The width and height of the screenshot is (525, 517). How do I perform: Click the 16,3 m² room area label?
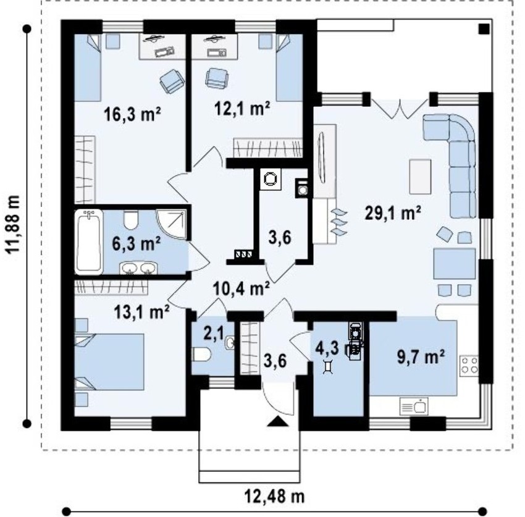[132, 114]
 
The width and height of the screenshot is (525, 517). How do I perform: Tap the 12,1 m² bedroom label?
[242, 108]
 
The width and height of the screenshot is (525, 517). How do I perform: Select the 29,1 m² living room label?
[393, 213]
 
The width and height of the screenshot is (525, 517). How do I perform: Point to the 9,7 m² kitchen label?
[421, 356]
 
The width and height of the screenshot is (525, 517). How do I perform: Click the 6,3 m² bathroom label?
[136, 243]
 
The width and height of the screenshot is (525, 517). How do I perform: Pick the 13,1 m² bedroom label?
[141, 312]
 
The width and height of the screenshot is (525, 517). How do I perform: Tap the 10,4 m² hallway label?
[241, 288]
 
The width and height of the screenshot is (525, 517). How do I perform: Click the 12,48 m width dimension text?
[275, 496]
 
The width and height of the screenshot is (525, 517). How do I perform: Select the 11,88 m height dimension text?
[14, 225]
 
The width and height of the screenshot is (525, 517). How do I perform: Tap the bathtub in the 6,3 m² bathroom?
[88, 242]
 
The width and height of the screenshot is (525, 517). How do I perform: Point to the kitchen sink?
[414, 407]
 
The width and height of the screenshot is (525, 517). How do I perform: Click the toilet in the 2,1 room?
[201, 355]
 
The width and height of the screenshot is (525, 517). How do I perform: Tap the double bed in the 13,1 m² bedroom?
[109, 361]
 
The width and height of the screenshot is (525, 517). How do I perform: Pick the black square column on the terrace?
[484, 29]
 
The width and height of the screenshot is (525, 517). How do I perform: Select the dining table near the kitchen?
[455, 264]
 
